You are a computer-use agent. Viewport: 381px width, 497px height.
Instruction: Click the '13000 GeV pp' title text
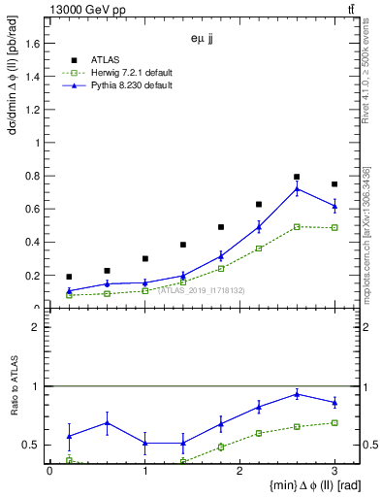(82, 11)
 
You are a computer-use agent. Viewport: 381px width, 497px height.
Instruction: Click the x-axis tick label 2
(239, 471)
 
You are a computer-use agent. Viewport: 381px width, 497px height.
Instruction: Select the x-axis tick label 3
(334, 471)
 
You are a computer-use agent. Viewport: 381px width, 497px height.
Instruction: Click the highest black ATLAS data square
(297, 177)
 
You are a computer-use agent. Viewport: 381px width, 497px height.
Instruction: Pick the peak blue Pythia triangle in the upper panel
(297, 188)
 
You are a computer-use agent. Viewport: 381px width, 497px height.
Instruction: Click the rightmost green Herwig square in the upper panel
(334, 227)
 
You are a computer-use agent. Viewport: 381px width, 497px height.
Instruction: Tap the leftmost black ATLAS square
(69, 277)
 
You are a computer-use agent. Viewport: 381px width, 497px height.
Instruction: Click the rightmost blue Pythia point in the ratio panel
(334, 402)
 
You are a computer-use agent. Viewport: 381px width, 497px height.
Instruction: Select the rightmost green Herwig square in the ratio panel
(334, 422)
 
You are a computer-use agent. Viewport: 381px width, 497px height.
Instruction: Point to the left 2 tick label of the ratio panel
(37, 327)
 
